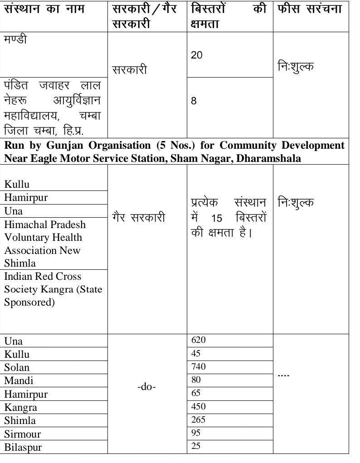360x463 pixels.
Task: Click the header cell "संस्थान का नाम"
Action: point(44,9)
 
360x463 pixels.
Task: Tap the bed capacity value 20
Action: point(197,55)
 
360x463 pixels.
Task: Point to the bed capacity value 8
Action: point(194,101)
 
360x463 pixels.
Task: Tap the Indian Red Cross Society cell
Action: point(53,289)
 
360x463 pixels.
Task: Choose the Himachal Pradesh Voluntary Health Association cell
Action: point(45,244)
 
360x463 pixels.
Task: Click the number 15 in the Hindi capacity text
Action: point(217,219)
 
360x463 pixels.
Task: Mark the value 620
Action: point(199,340)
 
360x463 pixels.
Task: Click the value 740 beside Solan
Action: point(199,366)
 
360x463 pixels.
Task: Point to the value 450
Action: point(199,406)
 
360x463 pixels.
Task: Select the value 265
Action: point(199,419)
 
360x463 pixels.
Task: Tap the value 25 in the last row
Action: point(196,446)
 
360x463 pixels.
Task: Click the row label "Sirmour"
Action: point(23,434)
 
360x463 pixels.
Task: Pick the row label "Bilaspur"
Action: point(23,448)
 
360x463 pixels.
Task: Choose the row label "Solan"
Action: point(17,367)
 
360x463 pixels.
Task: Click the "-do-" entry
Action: point(147,388)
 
